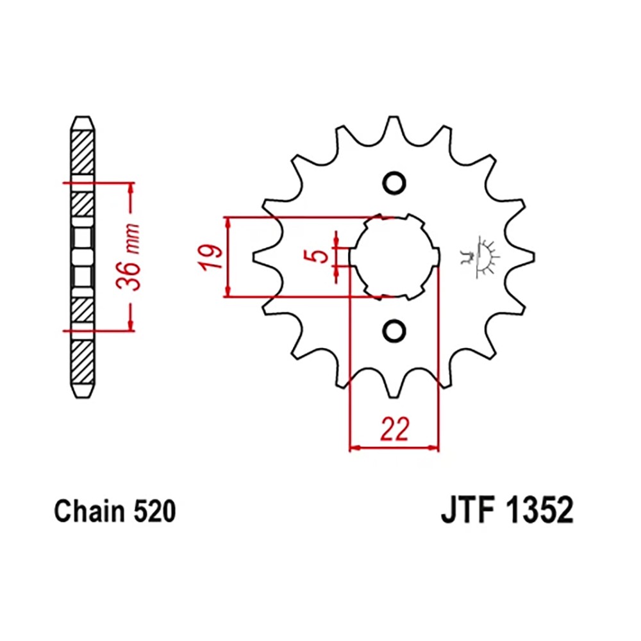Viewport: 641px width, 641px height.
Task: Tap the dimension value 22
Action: pyautogui.click(x=394, y=429)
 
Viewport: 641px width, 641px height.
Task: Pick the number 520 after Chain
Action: pyautogui.click(x=153, y=512)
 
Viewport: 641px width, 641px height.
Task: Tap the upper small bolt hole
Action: pyautogui.click(x=394, y=183)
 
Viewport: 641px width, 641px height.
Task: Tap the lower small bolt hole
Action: pyautogui.click(x=394, y=330)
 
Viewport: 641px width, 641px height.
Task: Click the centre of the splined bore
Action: pyautogui.click(x=394, y=256)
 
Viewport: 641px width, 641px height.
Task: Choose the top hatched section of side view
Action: pyautogui.click(x=83, y=153)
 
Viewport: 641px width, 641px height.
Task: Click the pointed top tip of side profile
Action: pyautogui.click(x=83, y=119)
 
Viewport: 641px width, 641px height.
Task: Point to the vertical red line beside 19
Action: pyautogui.click(x=227, y=256)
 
